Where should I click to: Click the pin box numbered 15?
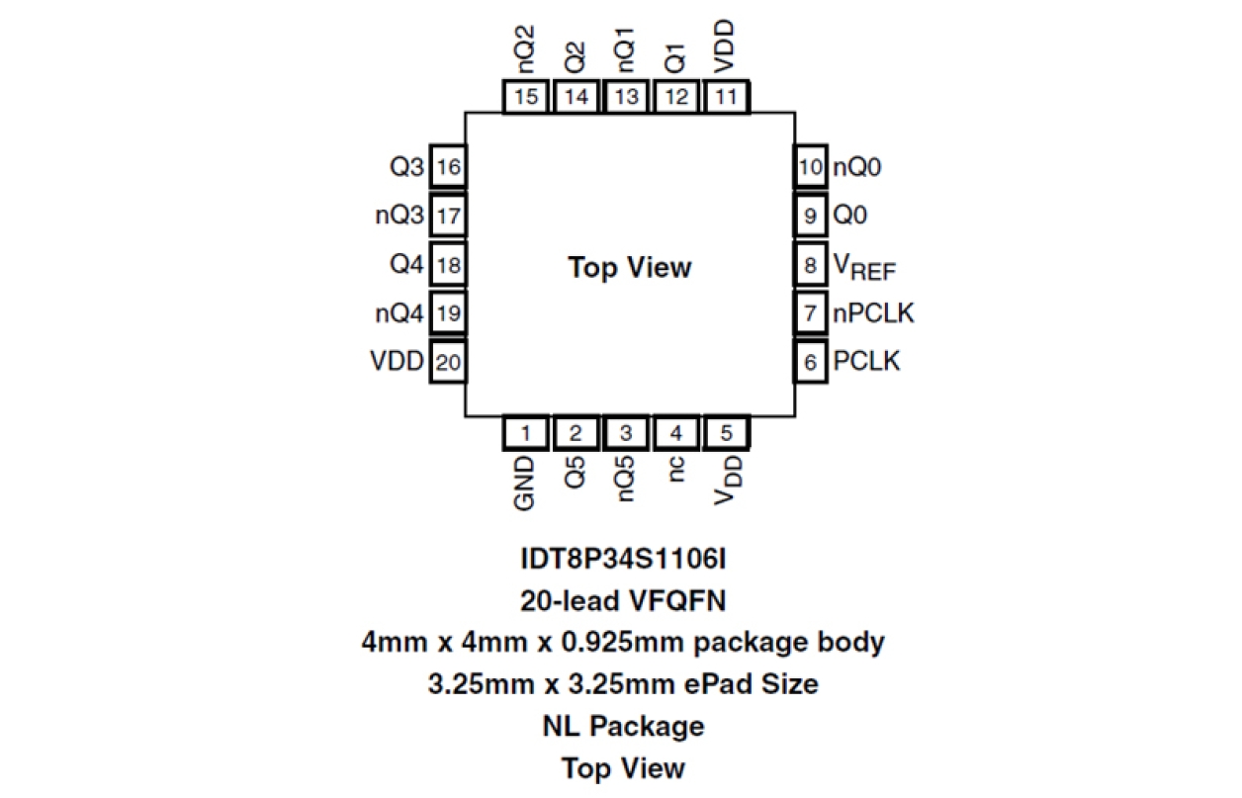click(526, 97)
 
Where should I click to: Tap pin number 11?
click(726, 97)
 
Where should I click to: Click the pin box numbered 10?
click(810, 167)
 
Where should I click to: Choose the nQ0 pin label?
click(857, 167)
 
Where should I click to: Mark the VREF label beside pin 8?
click(862, 267)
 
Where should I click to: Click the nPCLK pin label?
click(873, 313)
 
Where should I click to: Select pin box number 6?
click(810, 362)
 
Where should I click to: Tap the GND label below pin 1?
click(525, 484)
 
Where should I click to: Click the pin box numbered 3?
click(626, 432)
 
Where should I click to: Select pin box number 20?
click(448, 362)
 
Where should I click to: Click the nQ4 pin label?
click(399, 314)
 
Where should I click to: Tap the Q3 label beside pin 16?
click(406, 167)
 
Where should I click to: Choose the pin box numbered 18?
click(448, 265)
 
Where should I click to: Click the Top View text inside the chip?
click(629, 267)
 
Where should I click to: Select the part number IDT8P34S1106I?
click(623, 559)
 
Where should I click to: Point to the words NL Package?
click(623, 726)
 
